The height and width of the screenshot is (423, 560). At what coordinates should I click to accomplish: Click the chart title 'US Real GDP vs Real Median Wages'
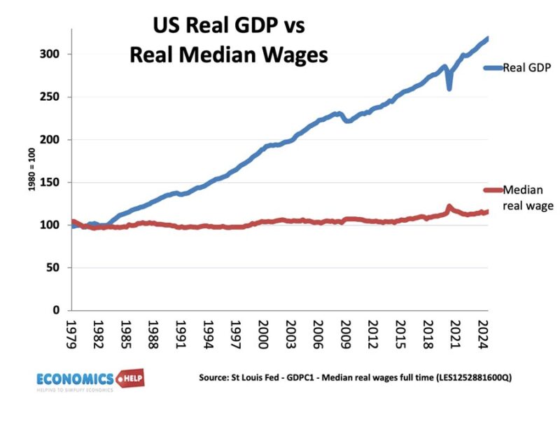[229, 41]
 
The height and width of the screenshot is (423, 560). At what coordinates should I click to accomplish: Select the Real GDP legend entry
[519, 67]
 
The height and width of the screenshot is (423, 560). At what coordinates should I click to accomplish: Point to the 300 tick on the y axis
[58, 54]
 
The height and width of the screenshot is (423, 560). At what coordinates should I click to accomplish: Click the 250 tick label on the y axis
[58, 97]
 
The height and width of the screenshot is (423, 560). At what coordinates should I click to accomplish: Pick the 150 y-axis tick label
[58, 182]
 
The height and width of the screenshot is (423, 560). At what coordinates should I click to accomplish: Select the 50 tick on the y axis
[61, 268]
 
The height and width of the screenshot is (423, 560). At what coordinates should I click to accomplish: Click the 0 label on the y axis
[64, 310]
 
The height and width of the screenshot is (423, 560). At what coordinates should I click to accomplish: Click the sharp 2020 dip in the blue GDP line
[449, 88]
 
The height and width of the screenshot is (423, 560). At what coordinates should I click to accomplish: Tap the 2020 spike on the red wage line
[449, 207]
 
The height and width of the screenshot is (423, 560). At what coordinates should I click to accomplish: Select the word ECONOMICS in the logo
[77, 378]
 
